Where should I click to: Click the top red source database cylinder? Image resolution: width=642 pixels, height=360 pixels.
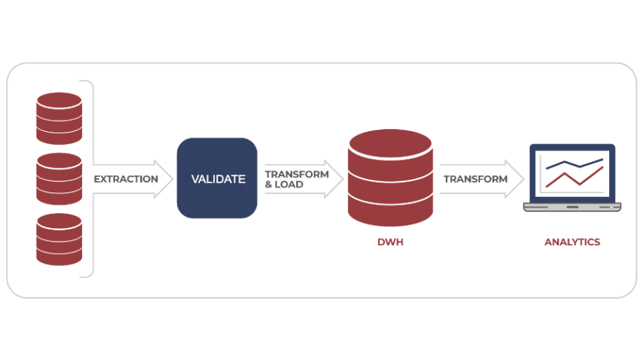(59, 118)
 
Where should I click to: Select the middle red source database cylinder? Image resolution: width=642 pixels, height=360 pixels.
(59, 179)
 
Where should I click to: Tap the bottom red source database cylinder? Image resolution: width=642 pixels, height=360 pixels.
(59, 239)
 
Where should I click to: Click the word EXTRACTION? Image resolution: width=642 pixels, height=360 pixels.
(126, 179)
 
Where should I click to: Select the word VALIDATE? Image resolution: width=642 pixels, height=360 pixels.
(218, 179)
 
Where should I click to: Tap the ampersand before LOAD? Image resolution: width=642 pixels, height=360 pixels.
(269, 184)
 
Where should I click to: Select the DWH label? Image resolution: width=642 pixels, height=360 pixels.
(391, 242)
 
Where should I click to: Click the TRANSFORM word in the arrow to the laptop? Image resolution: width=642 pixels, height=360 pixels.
(475, 179)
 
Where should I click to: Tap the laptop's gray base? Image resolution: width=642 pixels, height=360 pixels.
(572, 207)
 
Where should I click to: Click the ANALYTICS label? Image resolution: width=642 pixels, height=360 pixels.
(572, 242)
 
